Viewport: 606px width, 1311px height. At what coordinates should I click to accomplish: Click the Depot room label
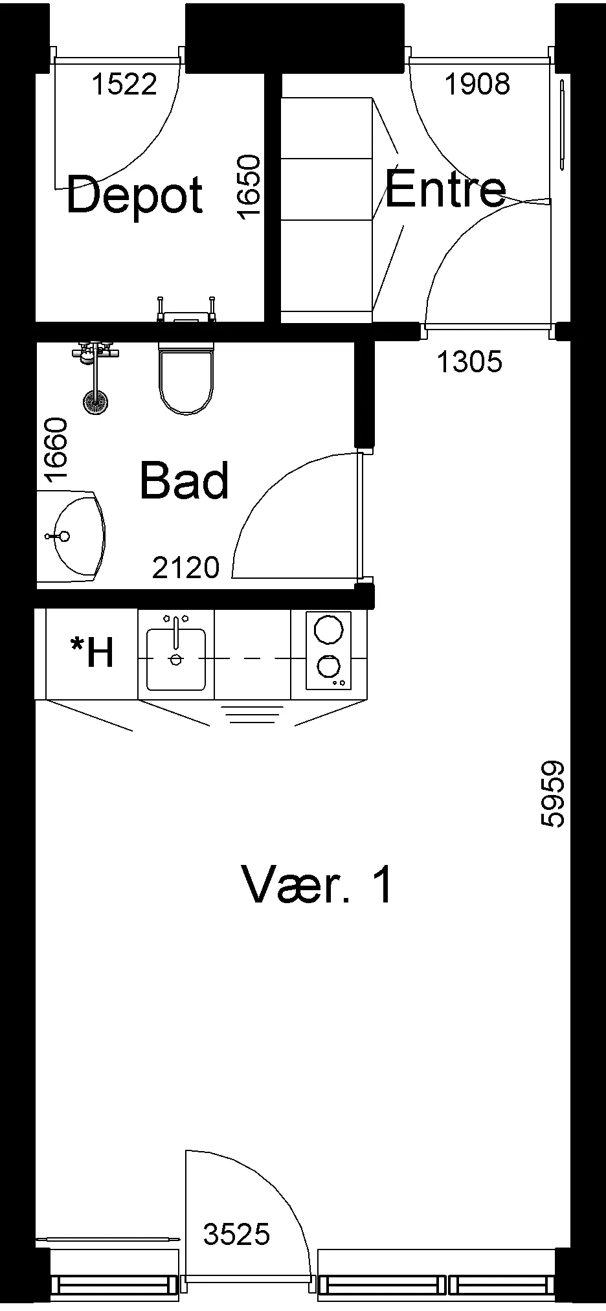tap(135, 196)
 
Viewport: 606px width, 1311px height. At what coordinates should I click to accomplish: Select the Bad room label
tap(185, 480)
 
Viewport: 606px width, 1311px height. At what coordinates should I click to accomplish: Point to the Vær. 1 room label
tap(317, 884)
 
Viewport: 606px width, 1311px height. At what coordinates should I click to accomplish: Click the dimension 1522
tap(125, 84)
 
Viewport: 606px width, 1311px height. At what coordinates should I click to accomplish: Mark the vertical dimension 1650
tap(249, 187)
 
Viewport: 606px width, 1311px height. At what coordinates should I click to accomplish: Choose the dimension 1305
tap(469, 362)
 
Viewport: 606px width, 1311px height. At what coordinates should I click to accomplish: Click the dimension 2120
tap(186, 568)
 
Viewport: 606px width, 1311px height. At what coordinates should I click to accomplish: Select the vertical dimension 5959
tap(552, 794)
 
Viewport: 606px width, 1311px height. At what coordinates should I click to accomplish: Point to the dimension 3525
tap(236, 1235)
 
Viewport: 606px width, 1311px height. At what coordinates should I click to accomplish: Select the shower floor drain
tap(95, 401)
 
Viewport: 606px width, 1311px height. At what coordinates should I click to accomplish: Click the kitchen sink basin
tap(176, 659)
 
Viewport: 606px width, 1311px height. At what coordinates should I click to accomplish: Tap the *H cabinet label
tap(93, 652)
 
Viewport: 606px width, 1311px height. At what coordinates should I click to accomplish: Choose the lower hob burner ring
tap(328, 666)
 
